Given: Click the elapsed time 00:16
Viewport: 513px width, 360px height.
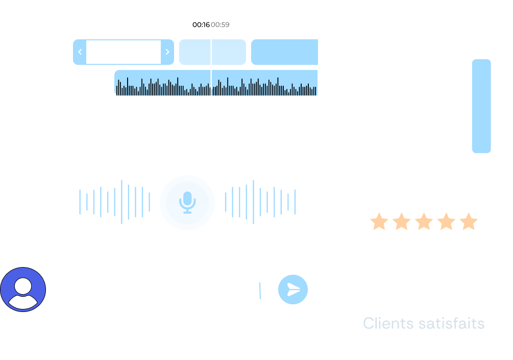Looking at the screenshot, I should pos(201,25).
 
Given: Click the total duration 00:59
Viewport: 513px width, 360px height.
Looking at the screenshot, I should pos(220,25).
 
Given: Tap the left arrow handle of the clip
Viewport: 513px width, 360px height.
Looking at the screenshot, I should pos(80,52).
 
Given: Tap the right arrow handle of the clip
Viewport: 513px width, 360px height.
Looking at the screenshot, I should pos(167,52).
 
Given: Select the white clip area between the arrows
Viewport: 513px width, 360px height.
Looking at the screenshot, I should pos(124,52).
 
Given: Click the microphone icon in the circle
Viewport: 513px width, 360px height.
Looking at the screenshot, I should pos(187,203).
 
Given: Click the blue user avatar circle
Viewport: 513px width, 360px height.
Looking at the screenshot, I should pos(23,289).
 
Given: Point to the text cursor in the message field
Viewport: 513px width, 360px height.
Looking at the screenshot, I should pos(260,291).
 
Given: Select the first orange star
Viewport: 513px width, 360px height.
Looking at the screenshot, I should pos(379,222).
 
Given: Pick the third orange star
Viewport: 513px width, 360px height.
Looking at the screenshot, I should pos(424,222).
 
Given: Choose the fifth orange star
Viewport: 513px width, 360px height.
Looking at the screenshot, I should pos(468,222).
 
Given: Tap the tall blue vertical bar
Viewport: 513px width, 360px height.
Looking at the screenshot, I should pos(481,106).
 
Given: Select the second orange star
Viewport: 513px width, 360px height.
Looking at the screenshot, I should pos(402,222).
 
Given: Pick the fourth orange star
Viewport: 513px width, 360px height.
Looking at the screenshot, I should pos(446,222).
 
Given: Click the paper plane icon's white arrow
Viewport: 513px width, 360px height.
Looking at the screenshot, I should pos(294,290).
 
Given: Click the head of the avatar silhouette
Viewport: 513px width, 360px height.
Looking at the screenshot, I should pos(23,284).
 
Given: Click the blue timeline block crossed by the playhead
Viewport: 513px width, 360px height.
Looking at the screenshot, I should pos(212,52).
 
